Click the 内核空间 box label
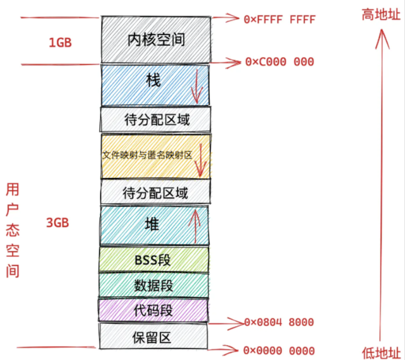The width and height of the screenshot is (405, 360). [156, 40]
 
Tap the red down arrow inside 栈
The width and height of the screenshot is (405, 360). [196, 87]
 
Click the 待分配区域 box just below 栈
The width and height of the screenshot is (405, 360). [156, 120]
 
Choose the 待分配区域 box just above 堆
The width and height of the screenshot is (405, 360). [155, 193]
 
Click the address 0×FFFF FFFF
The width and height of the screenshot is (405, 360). [279, 20]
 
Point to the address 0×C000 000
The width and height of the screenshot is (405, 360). [279, 62]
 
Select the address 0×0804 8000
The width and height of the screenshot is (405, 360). [279, 322]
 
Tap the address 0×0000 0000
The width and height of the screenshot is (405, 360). [279, 351]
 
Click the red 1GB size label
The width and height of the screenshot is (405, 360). [60, 43]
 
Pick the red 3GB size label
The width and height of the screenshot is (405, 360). [57, 223]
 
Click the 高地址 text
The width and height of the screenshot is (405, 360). [381, 15]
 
